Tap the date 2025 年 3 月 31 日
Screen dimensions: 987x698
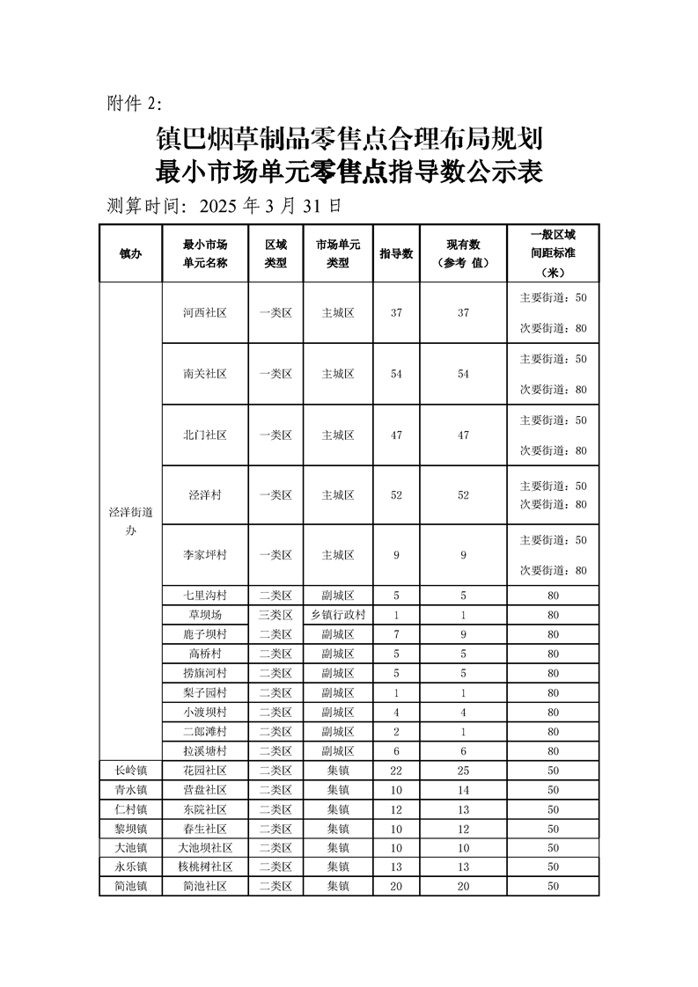pyautogui.click(x=270, y=206)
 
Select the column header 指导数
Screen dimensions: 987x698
pyautogui.click(x=396, y=253)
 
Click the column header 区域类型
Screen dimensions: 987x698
pyautogui.click(x=276, y=253)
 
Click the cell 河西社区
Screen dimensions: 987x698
pyautogui.click(x=205, y=312)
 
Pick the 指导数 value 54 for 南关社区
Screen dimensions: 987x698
pyautogui.click(x=396, y=374)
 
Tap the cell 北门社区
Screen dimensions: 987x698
pyautogui.click(x=205, y=435)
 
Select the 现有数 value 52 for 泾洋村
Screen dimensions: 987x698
pyautogui.click(x=463, y=495)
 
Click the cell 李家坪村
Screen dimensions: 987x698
pyautogui.click(x=205, y=555)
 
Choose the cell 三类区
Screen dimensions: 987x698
pyautogui.click(x=276, y=615)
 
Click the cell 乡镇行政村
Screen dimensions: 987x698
pyautogui.click(x=338, y=615)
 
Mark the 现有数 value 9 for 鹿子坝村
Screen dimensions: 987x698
pyautogui.click(x=463, y=634)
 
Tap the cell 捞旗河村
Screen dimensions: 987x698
pyautogui.click(x=205, y=673)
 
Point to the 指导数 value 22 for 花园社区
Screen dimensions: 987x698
pyautogui.click(x=396, y=771)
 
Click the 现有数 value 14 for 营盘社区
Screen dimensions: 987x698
pyautogui.click(x=463, y=790)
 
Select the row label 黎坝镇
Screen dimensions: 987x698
pyautogui.click(x=130, y=829)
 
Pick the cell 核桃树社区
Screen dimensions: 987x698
pyautogui.click(x=205, y=867)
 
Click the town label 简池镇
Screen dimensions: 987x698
pyautogui.click(x=130, y=887)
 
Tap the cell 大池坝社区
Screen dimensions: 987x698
pyautogui.click(x=205, y=848)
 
